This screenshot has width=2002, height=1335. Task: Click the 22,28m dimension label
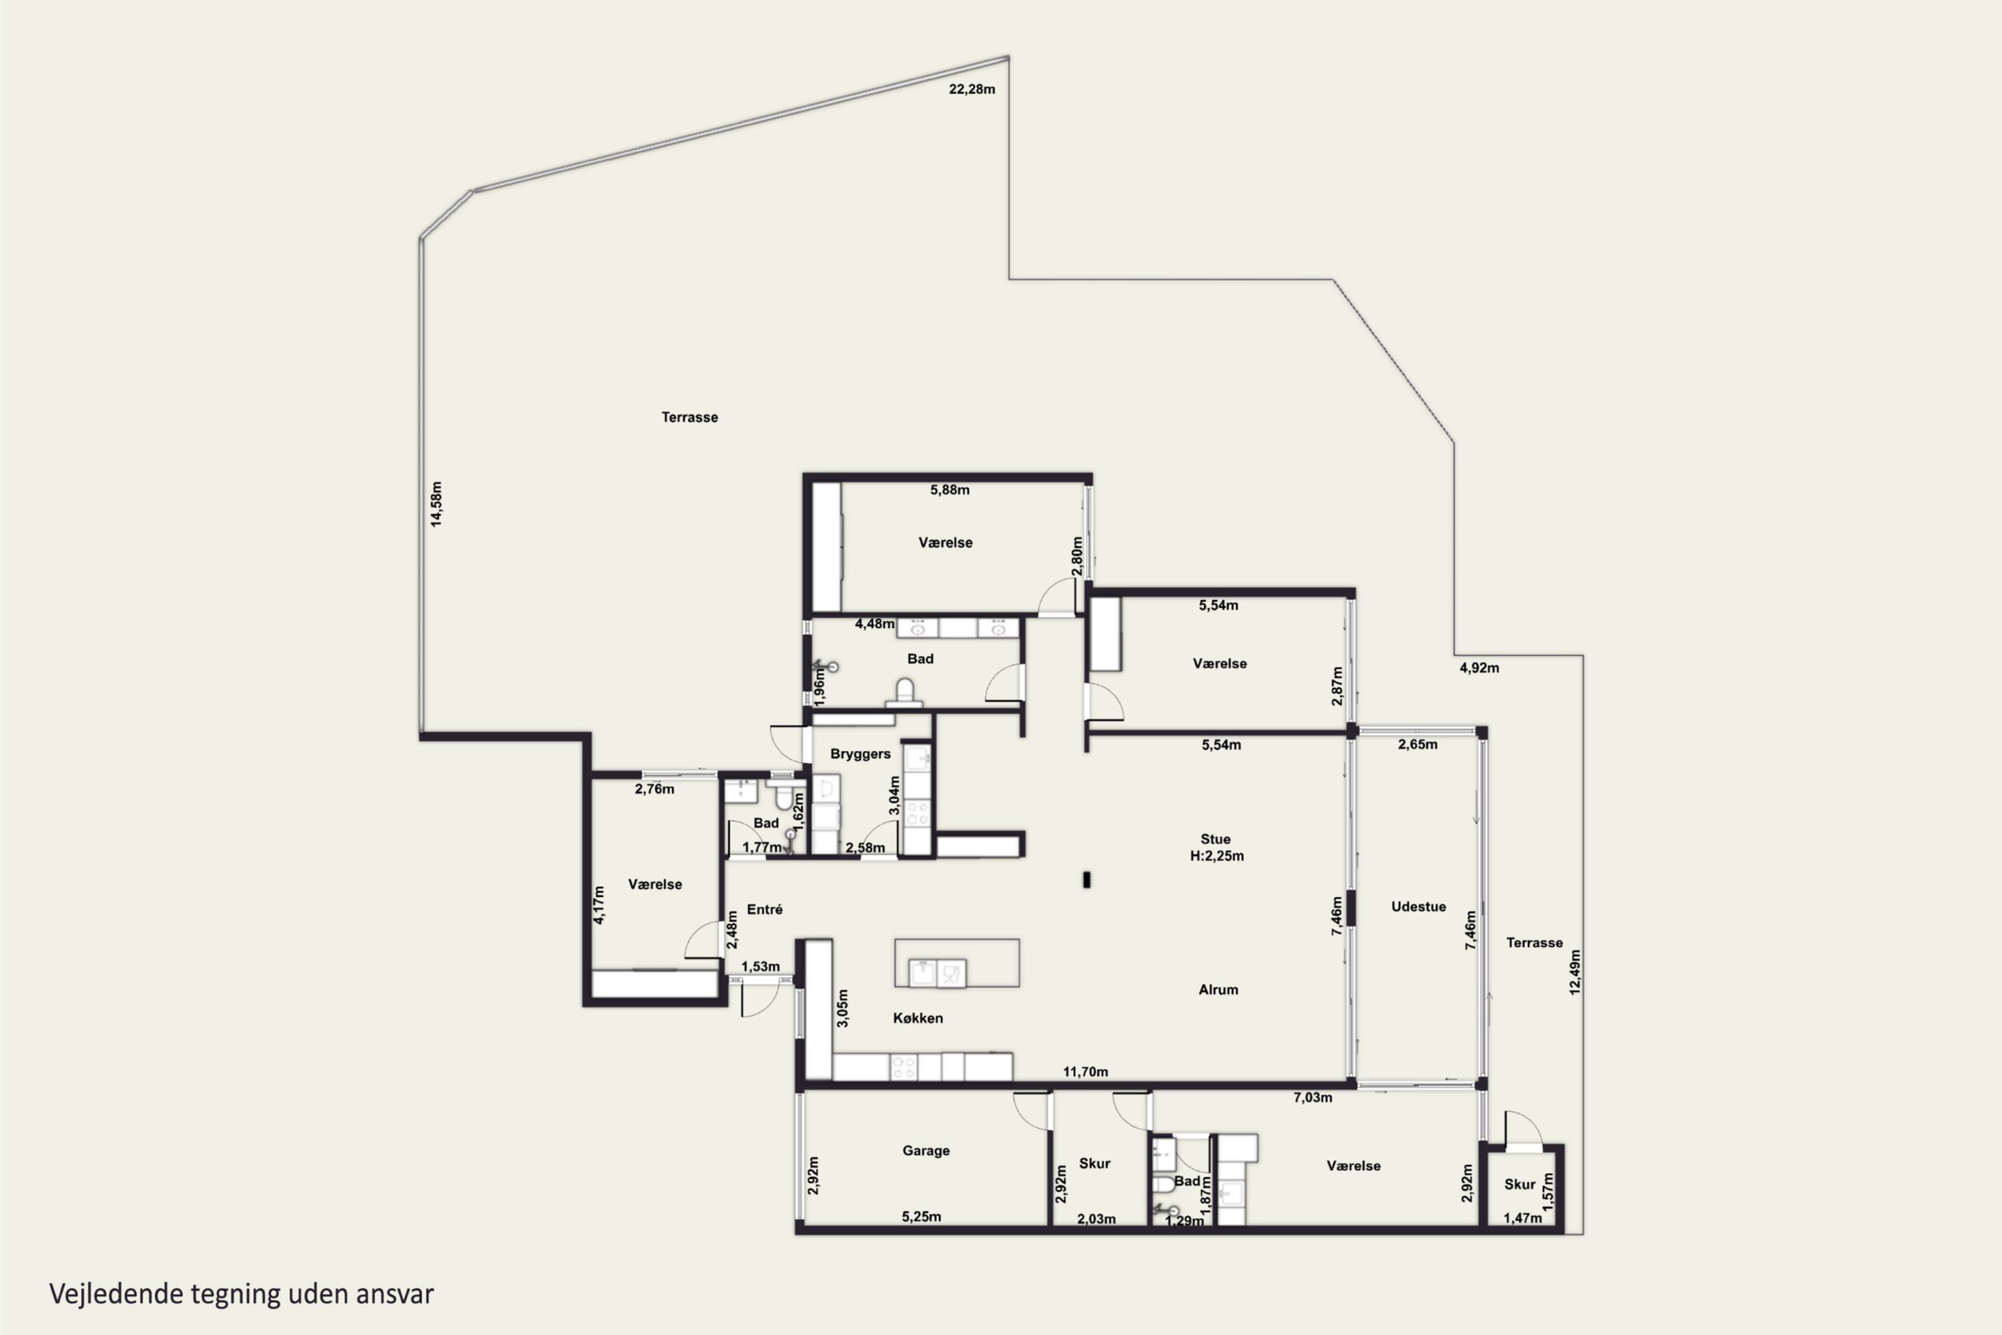tap(972, 89)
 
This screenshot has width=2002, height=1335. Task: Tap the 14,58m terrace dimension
tap(436, 504)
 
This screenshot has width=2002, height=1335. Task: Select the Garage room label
tap(926, 1150)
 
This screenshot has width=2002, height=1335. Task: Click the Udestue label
tap(1418, 906)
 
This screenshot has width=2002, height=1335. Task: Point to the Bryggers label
tap(861, 754)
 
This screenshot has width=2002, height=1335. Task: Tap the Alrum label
tap(1218, 989)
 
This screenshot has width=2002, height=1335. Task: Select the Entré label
tap(764, 909)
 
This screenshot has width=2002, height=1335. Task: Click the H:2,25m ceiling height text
tap(1217, 856)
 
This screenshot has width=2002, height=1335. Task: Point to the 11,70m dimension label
tap(1085, 1072)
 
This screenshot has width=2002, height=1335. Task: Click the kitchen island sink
tap(937, 973)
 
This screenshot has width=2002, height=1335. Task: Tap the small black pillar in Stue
tap(1086, 880)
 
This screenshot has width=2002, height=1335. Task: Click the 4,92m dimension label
tap(1479, 667)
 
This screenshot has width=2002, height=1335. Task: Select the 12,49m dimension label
tap(1575, 973)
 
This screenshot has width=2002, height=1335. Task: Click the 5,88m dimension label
tap(949, 489)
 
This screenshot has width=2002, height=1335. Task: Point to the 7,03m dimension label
tap(1313, 1097)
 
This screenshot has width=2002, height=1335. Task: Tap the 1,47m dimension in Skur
tap(1522, 1218)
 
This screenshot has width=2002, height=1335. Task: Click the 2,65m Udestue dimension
tap(1417, 744)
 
